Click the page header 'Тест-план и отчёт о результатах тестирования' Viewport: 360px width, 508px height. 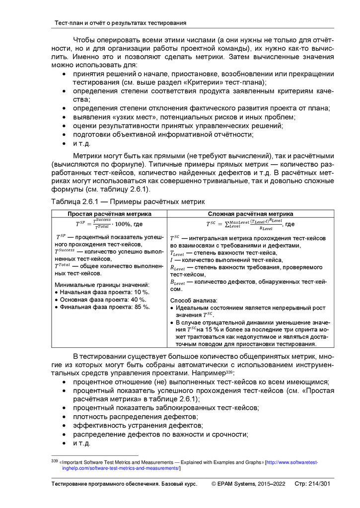coord(120,23)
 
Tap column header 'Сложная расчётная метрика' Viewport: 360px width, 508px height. coord(250,214)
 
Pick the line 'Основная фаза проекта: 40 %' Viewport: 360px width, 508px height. coord(103,300)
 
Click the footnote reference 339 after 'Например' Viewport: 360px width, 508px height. coord(229,371)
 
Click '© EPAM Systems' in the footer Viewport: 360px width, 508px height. coord(234,484)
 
